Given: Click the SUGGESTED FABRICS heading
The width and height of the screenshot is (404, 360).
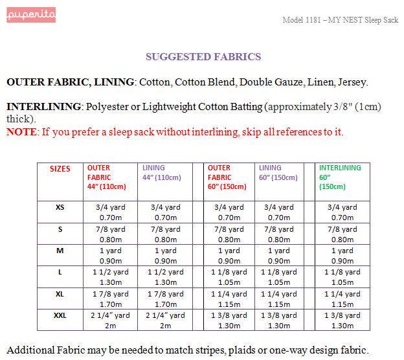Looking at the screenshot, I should (x=203, y=57).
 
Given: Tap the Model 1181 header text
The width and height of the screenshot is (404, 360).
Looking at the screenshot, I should (x=340, y=20).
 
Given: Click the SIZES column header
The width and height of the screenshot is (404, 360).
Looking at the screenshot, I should (x=60, y=168).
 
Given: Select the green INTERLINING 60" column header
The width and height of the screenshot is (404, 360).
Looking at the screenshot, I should (x=340, y=177).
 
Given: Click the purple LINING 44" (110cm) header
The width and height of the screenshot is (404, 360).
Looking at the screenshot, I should (x=161, y=172).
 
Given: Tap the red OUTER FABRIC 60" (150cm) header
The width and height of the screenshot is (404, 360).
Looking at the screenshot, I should (x=223, y=177).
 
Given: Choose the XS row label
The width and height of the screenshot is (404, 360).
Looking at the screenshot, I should (x=60, y=207).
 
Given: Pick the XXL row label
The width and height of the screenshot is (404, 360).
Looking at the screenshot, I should (x=60, y=315).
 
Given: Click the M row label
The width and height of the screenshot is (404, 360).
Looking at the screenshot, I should (x=60, y=251).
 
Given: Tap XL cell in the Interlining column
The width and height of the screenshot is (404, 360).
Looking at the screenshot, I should (x=342, y=298).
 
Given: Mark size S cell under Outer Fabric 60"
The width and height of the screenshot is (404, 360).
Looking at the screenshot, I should (x=229, y=234).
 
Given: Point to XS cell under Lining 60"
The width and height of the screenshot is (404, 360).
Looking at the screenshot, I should (x=279, y=212).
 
